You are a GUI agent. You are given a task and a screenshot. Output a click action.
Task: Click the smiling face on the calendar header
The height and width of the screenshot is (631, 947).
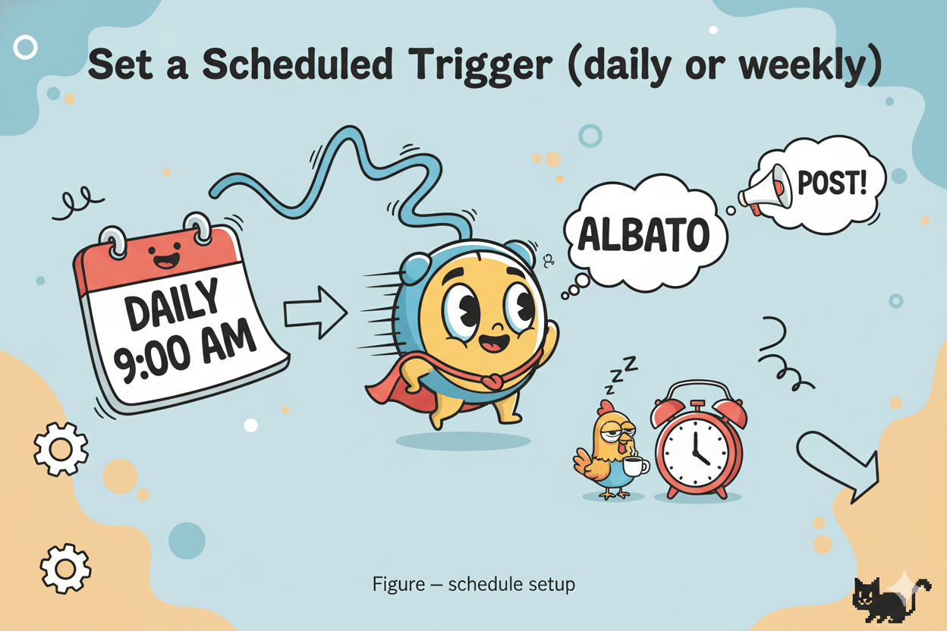(165, 258)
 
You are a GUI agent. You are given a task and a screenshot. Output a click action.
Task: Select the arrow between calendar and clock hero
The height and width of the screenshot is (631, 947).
(314, 311)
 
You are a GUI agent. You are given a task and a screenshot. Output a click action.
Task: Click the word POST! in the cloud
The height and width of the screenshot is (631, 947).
(832, 183)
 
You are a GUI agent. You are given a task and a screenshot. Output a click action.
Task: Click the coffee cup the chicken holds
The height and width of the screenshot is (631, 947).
(637, 466)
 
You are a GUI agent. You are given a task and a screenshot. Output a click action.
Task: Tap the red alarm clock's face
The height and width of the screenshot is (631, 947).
(699, 448)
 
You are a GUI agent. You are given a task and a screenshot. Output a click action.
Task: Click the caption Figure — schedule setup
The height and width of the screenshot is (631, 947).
(473, 585)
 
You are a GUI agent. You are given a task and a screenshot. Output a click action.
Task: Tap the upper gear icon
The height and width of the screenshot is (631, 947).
(61, 448)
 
